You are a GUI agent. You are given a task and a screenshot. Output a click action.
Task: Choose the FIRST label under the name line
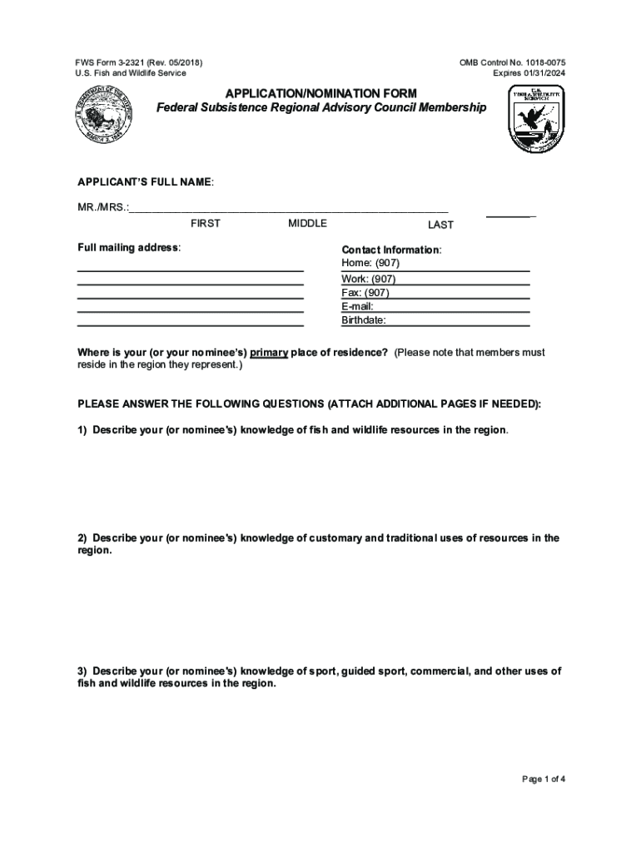[206, 224]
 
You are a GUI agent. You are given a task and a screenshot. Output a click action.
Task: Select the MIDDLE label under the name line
[307, 224]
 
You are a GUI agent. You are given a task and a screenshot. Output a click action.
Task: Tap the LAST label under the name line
[440, 225]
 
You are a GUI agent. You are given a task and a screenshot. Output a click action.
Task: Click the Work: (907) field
[368, 279]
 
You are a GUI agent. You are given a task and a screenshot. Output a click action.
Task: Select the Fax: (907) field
[365, 293]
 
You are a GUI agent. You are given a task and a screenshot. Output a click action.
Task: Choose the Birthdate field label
[364, 320]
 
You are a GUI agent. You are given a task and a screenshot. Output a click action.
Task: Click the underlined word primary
[269, 353]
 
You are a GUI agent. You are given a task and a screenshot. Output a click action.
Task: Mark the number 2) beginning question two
[83, 538]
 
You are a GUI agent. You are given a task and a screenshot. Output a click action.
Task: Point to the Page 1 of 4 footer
[544, 780]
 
